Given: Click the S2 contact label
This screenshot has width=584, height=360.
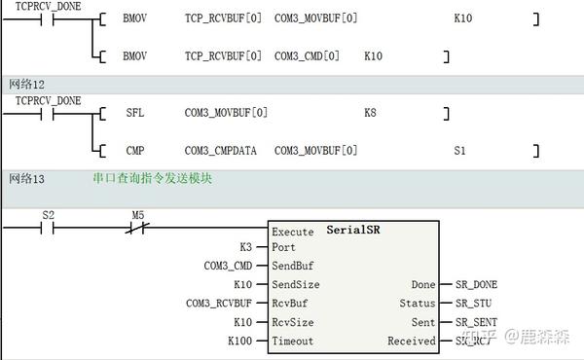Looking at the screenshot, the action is (x=49, y=214).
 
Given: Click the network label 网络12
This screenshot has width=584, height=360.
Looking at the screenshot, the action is (x=26, y=86).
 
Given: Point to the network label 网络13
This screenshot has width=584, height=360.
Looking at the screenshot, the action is (x=26, y=179).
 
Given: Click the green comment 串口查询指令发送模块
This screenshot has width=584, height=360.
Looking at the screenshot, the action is (x=152, y=179).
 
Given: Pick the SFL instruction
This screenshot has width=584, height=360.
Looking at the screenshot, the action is (x=134, y=114).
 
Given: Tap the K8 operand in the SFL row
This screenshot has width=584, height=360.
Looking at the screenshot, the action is (x=370, y=114).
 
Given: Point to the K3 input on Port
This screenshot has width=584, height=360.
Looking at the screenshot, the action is (x=246, y=247).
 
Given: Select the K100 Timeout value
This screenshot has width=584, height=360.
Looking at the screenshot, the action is (x=240, y=342).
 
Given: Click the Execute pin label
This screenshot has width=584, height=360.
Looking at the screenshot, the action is (x=293, y=233).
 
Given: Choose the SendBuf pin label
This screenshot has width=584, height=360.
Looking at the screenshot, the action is (x=293, y=266).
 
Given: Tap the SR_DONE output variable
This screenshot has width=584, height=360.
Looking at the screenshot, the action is (x=476, y=284).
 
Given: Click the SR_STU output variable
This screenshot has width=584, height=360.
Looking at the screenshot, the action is (x=473, y=304).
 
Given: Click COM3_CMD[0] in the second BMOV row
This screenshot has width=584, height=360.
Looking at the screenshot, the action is (x=307, y=56).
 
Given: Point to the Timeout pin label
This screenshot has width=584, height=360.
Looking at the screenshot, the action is (x=293, y=342).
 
